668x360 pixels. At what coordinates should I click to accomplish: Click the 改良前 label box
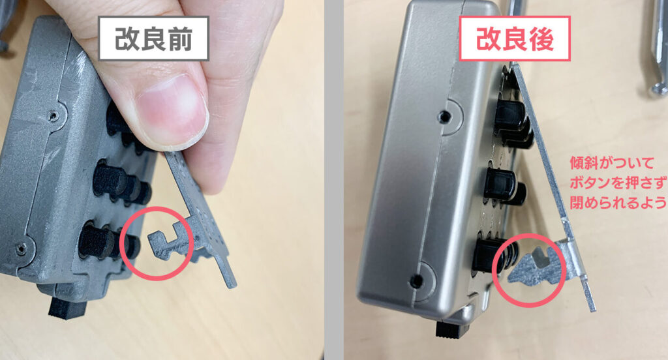click(x=153, y=38)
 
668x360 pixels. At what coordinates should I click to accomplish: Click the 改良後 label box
click(x=515, y=38)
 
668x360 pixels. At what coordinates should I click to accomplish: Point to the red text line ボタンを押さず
click(x=618, y=183)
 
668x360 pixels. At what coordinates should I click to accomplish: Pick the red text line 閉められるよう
click(x=618, y=203)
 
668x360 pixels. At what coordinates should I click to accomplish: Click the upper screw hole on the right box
click(x=445, y=115)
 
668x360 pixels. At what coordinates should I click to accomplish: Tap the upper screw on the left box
click(x=53, y=115)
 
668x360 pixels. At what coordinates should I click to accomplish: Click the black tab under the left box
click(x=67, y=308)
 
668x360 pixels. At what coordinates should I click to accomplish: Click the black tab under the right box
click(x=452, y=329)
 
